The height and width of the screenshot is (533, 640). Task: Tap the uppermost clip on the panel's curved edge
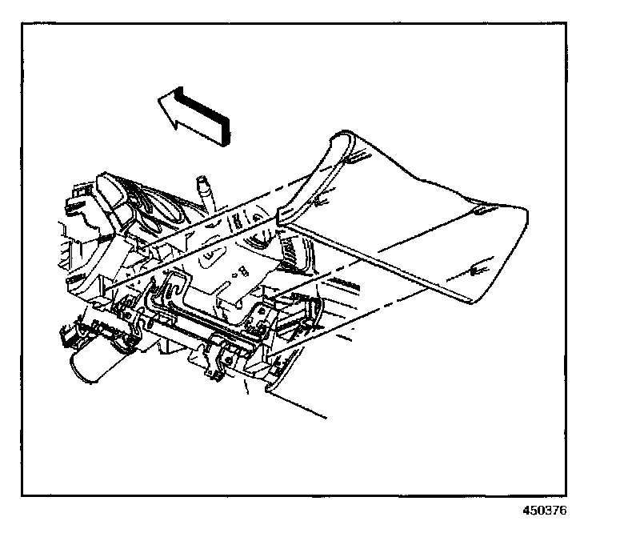click(x=353, y=159)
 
